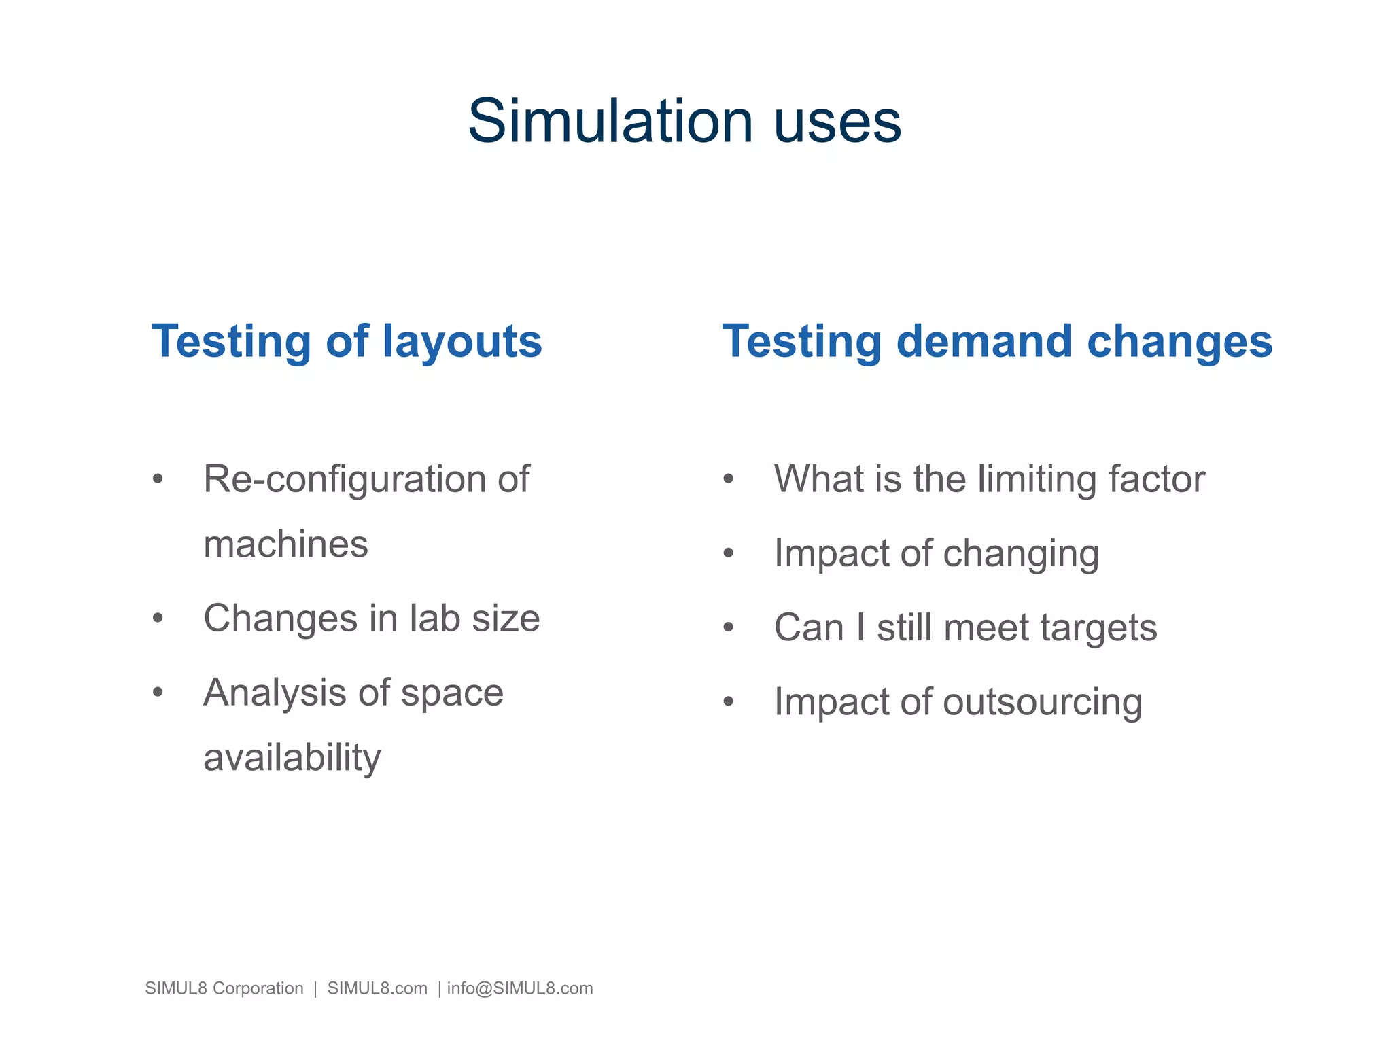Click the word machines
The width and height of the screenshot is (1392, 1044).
(x=285, y=544)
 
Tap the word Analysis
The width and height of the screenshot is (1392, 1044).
(x=275, y=693)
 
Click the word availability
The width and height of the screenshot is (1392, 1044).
(x=292, y=757)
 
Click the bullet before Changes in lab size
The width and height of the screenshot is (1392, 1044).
(x=158, y=618)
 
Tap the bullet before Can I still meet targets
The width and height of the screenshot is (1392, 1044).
(x=729, y=627)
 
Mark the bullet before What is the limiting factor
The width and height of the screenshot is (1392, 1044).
(x=729, y=478)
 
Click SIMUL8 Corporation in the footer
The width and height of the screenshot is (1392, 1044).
(x=224, y=988)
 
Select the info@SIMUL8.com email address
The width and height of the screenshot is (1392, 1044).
(x=520, y=988)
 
